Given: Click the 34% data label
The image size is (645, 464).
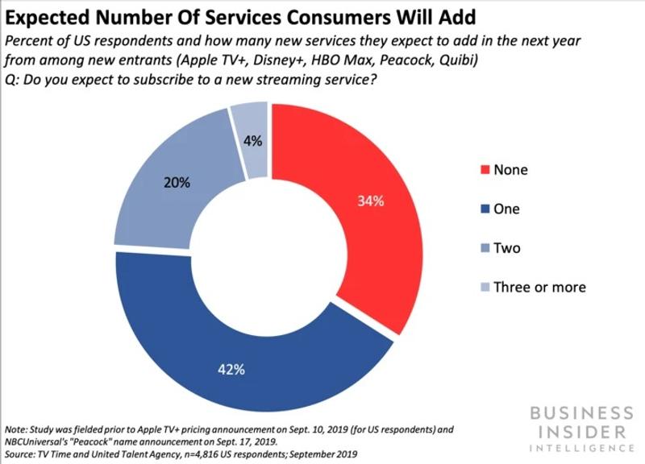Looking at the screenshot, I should click(x=371, y=200).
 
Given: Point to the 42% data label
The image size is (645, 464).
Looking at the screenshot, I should click(x=231, y=371).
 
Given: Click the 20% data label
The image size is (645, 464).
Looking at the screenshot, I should click(x=177, y=183).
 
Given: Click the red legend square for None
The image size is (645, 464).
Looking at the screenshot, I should click(x=484, y=171).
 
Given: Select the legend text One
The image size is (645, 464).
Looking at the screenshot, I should click(x=506, y=209).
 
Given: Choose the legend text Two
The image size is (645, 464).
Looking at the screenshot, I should click(x=507, y=248).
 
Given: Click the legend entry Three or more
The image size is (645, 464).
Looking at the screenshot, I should click(x=539, y=287).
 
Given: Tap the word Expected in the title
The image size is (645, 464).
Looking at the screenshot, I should click(x=49, y=16).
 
